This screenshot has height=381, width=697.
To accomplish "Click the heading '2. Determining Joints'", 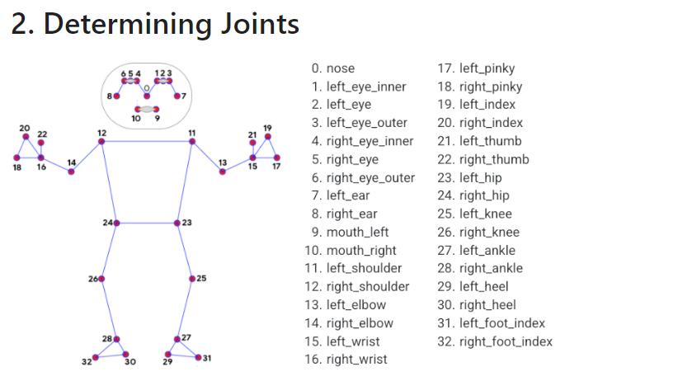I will point(155,24).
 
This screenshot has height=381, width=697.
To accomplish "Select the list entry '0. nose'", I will point(333,68).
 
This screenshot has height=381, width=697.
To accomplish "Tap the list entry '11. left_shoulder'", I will point(356,268).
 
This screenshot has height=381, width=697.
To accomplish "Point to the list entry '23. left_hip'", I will point(480,177).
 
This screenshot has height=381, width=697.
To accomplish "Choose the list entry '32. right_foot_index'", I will point(494,341).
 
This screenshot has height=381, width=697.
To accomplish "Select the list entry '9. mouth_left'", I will point(350,232).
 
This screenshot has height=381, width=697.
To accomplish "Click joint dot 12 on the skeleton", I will point(101,141).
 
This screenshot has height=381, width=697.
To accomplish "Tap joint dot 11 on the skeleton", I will point(192,141).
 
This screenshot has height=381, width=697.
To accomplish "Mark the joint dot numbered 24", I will point(116,223).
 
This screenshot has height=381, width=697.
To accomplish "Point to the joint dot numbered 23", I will point(177,223).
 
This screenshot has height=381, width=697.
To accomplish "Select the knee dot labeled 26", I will point(102,279).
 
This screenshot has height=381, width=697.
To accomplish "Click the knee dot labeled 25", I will point(192,279).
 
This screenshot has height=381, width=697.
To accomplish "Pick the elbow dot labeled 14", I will point(72,172).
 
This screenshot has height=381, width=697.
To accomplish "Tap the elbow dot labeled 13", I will point(222,172).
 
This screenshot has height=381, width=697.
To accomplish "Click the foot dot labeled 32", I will point(96,357).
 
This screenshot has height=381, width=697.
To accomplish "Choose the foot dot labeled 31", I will point(198,357).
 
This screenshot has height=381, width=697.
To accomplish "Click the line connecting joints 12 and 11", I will point(147,141).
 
